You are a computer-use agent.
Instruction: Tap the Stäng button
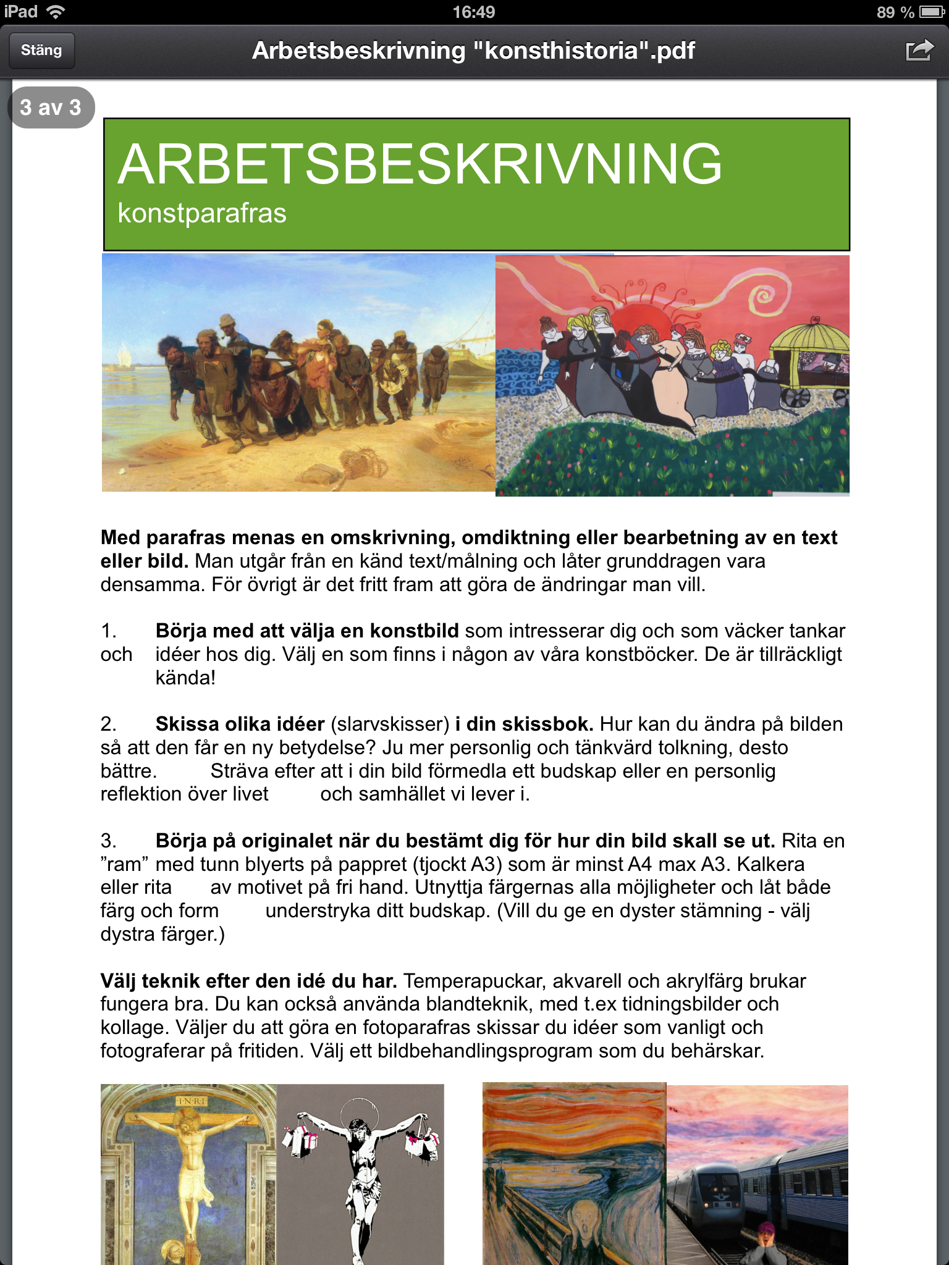(x=41, y=51)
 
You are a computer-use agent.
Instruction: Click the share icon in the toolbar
(x=918, y=51)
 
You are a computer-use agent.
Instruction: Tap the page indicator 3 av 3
(x=51, y=107)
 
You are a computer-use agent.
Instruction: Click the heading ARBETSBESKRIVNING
(x=420, y=164)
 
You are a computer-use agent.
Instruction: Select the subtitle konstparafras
(x=202, y=214)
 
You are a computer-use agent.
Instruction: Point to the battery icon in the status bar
(x=930, y=12)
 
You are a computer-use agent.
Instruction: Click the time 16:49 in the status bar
(x=474, y=12)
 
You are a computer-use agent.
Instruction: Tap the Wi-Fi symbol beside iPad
(x=56, y=12)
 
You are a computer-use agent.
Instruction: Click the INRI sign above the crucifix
(x=192, y=1101)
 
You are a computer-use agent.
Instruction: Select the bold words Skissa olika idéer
(x=240, y=724)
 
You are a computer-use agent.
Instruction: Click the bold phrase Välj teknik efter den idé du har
(x=248, y=981)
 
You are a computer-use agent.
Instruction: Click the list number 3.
(x=108, y=841)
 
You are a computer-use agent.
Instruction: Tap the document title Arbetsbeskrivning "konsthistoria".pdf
(x=474, y=51)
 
